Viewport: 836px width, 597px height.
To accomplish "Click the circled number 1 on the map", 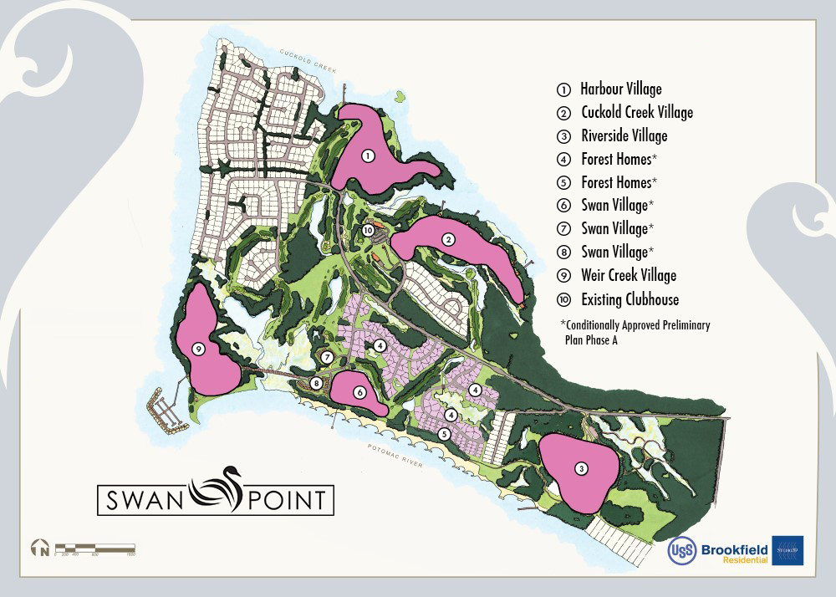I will tap(366, 156).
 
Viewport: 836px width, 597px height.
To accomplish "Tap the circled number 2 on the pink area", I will tap(449, 240).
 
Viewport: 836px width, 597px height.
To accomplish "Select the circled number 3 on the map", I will tap(581, 469).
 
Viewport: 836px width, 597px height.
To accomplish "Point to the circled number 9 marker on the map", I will tap(198, 350).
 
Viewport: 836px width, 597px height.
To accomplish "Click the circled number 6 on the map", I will tap(359, 392).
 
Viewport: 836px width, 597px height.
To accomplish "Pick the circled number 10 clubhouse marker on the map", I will tap(368, 230).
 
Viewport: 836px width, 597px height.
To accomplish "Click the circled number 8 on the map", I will tap(316, 383).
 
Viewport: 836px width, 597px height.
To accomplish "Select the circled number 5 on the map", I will tap(445, 433).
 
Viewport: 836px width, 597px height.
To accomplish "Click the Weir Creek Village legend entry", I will tap(628, 276).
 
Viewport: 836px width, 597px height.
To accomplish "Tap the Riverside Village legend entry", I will tap(624, 135).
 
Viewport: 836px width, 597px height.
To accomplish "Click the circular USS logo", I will tap(681, 550).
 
